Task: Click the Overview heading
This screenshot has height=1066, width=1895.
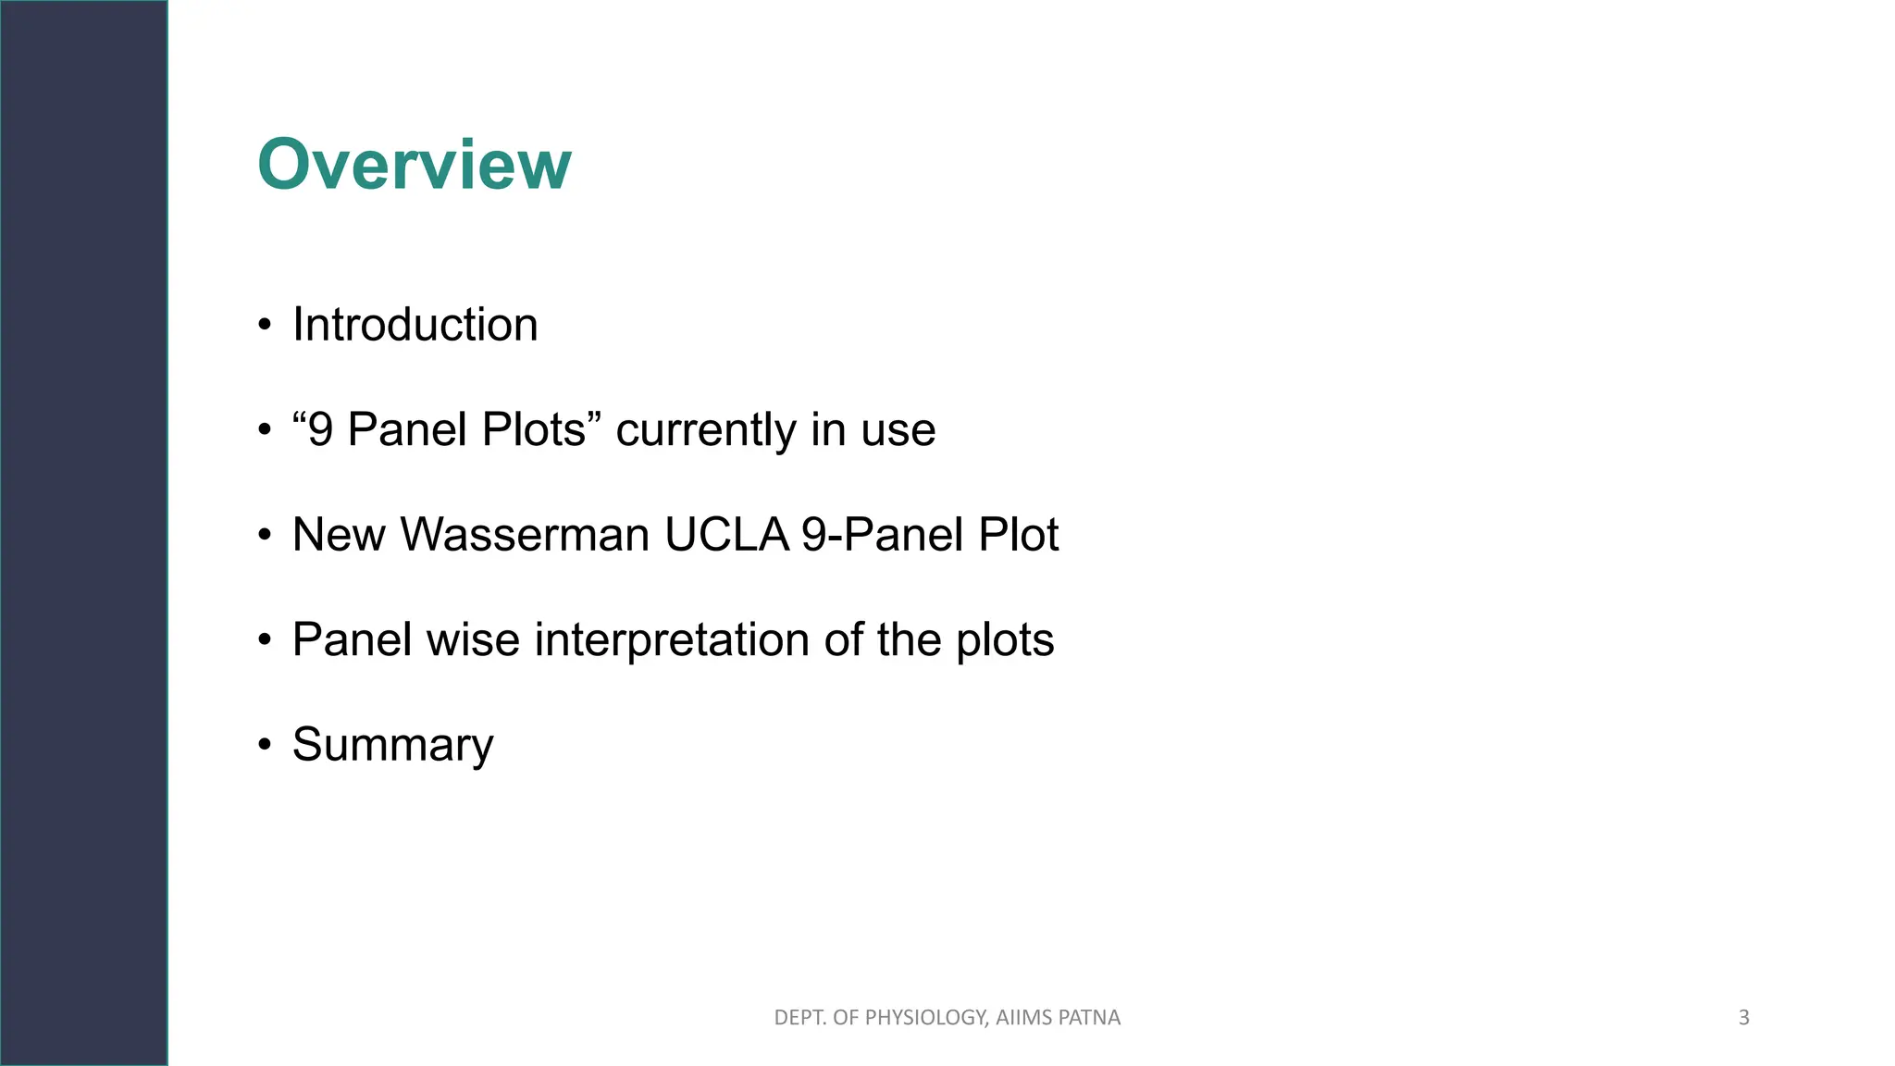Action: pos(415,165)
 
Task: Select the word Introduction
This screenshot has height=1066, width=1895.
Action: pos(415,325)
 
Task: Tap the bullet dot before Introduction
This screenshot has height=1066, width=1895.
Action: pos(266,326)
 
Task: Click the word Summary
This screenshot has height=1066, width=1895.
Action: pos(392,745)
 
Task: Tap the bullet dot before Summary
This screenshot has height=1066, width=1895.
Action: pos(266,746)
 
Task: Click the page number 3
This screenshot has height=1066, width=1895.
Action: pos(1743,1018)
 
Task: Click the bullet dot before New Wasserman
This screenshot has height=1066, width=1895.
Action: pos(266,536)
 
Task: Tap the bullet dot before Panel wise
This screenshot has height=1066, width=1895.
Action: pos(266,640)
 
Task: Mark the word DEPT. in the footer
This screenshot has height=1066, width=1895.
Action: pos(799,1018)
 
